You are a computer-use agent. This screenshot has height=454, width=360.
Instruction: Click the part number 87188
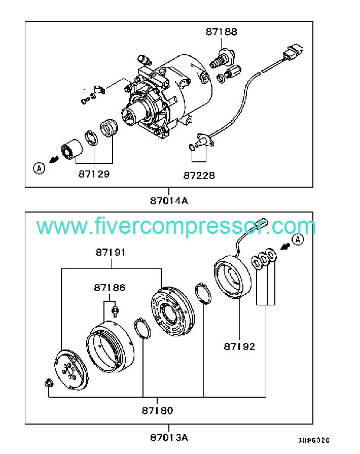tap(221, 31)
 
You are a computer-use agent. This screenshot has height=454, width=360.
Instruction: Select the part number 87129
tap(94, 173)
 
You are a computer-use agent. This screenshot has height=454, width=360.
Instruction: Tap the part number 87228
tap(199, 175)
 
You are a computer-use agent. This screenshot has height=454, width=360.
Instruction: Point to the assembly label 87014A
tap(169, 200)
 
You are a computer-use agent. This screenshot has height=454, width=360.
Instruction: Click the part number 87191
tap(111, 252)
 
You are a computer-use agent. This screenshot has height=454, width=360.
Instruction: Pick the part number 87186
tap(109, 288)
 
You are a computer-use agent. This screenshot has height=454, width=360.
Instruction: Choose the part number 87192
tap(239, 347)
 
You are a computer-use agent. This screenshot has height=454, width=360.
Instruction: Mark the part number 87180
tap(158, 410)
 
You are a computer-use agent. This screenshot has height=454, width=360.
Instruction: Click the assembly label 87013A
tap(169, 437)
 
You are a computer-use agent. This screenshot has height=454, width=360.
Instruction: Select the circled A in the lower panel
tap(297, 239)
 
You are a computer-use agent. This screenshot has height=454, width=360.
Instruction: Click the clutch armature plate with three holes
tap(71, 371)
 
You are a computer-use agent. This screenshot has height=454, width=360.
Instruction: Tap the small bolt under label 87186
tap(116, 311)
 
